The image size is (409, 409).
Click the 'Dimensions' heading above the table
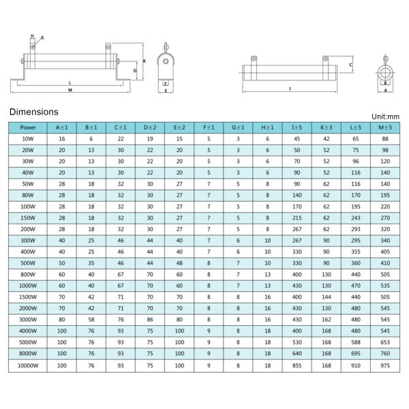point(33,112)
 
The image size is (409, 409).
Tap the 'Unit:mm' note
point(386,117)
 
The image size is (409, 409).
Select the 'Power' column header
point(28,127)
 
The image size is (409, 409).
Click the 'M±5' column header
point(385,127)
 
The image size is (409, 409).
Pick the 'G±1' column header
point(238,127)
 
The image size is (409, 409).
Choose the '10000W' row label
point(28,366)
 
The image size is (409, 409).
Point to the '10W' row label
point(28,139)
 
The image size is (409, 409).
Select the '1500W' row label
point(28,298)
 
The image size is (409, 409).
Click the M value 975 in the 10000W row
point(385,366)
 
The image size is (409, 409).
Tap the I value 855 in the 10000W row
point(297,366)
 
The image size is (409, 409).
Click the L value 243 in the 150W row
point(355,218)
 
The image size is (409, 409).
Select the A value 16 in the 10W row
point(61,139)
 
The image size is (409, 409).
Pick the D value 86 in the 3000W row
point(149,320)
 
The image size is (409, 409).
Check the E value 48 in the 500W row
point(179,264)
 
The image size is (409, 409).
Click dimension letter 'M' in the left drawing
point(70,90)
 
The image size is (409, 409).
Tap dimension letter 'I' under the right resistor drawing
point(290,89)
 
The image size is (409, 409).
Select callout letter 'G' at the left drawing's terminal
point(42,37)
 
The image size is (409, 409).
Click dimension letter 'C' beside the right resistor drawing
point(350,65)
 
